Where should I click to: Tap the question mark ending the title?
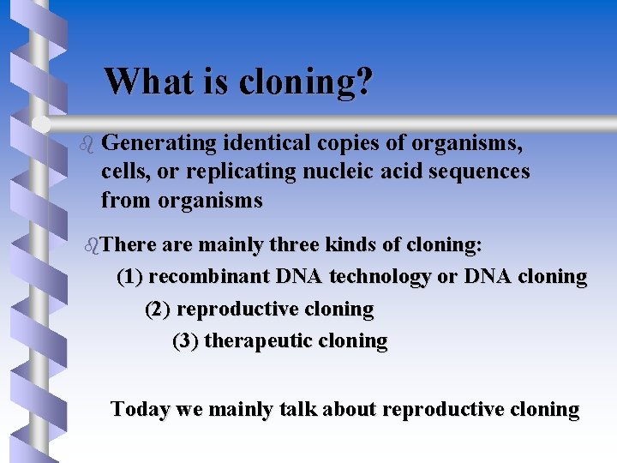pos(364,81)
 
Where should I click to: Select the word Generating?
pos(164,141)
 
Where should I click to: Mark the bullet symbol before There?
pos(93,245)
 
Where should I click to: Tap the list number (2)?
pos(159,309)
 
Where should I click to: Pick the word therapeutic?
pos(259,341)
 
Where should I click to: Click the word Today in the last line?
pos(141,409)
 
